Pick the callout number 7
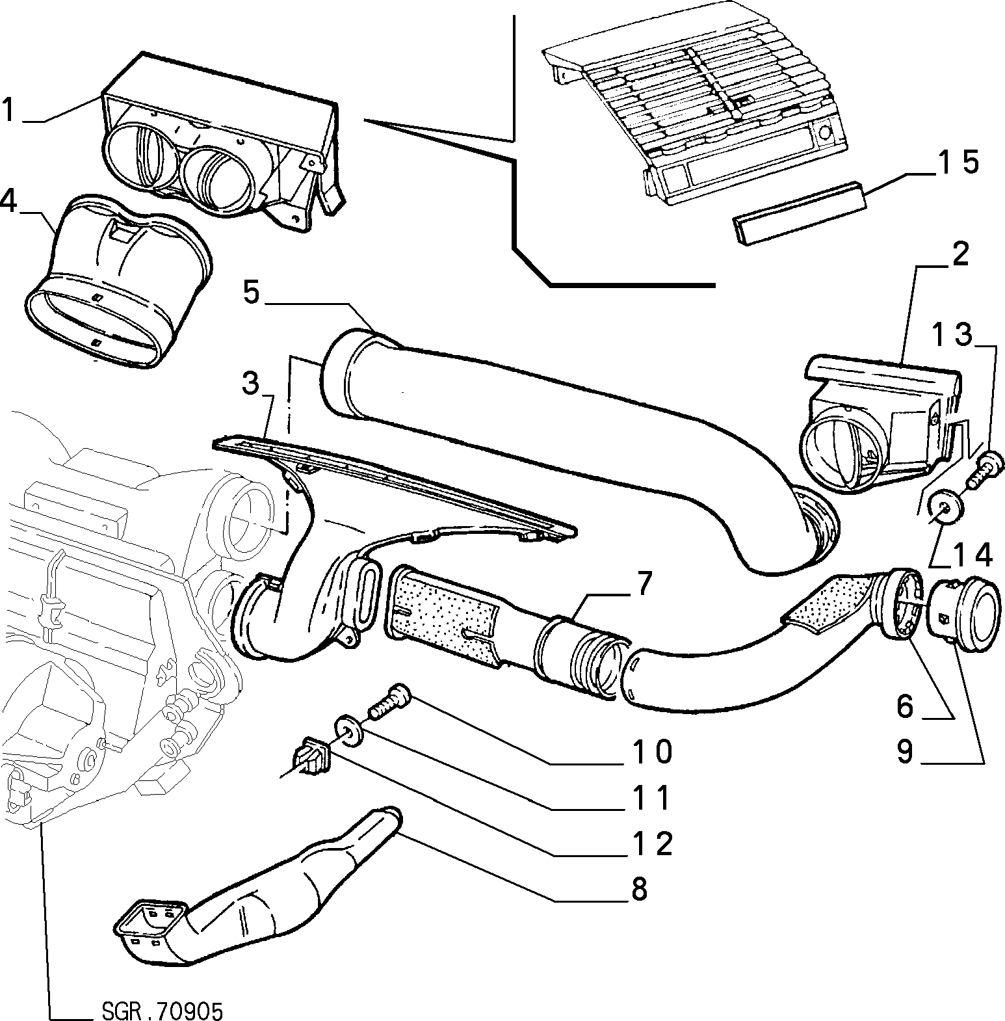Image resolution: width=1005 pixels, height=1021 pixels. (x=641, y=583)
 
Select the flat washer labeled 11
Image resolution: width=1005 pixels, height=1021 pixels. (x=350, y=730)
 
